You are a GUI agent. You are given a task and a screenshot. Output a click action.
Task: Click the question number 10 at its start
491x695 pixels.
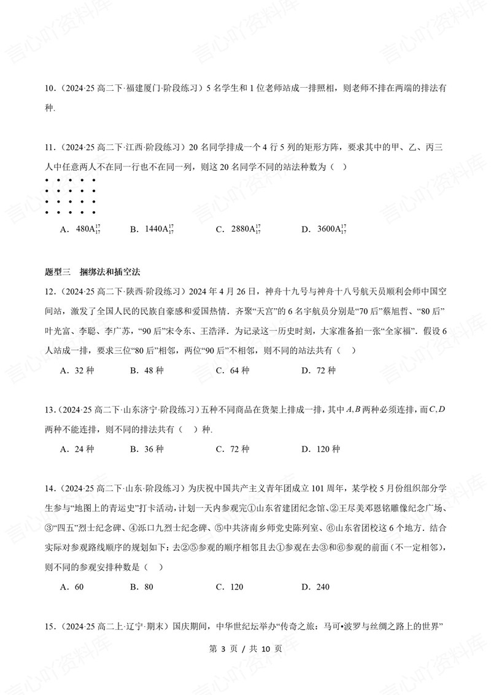[51, 88]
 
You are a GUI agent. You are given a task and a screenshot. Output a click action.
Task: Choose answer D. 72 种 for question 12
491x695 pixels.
[319, 370]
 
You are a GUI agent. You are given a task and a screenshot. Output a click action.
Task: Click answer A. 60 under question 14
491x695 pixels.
[72, 586]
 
